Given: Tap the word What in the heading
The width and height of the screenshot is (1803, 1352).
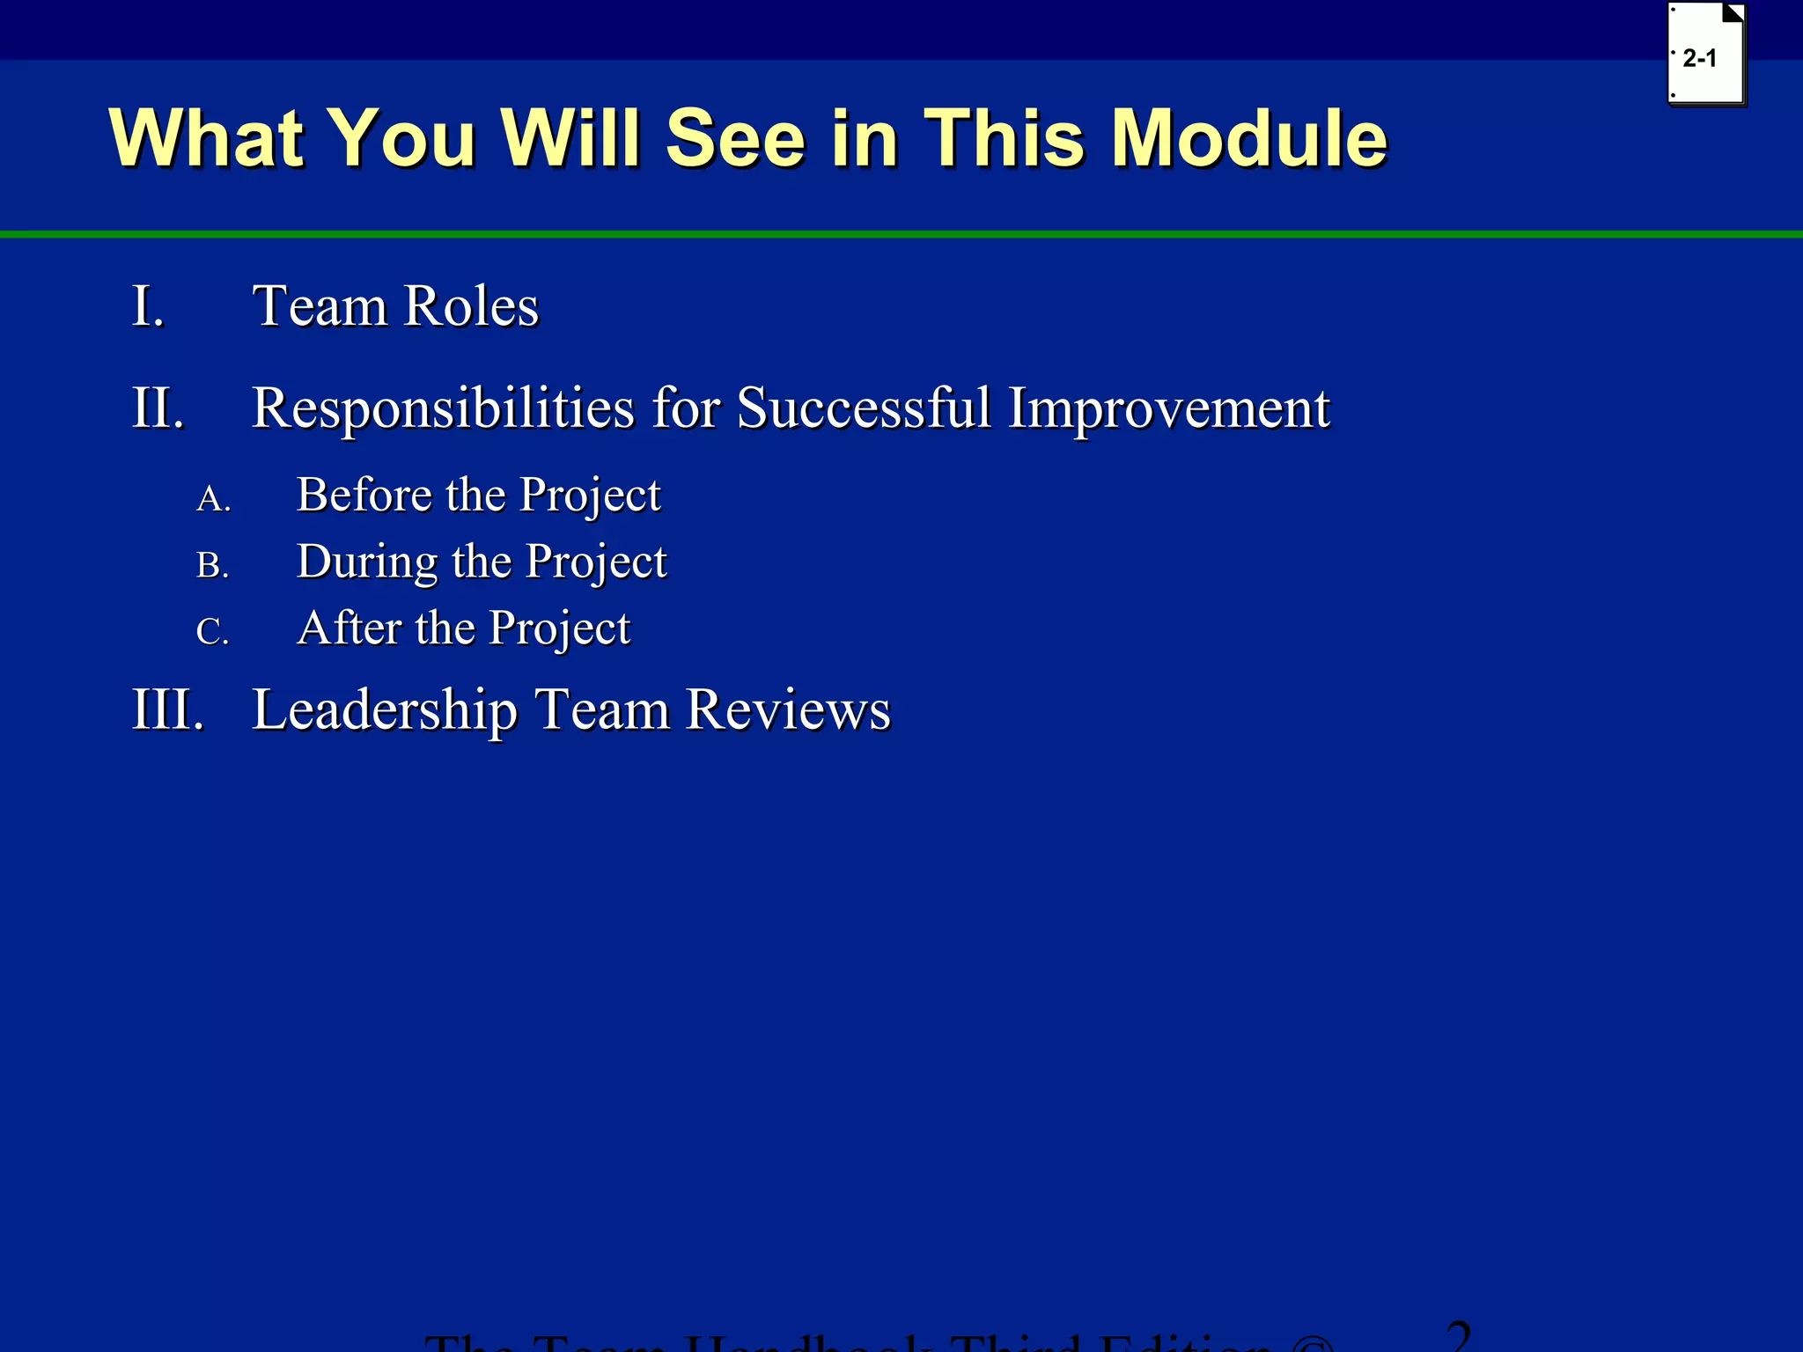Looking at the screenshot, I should coord(206,138).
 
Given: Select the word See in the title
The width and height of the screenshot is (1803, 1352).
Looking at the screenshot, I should coord(735,138).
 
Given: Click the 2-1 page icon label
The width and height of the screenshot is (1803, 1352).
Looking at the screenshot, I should coord(1699,59).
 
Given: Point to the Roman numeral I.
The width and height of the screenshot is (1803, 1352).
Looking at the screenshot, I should coord(148,307).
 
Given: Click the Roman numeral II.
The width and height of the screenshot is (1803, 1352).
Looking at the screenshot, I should coord(158,408).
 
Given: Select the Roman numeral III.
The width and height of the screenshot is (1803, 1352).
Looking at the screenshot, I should coord(168,709).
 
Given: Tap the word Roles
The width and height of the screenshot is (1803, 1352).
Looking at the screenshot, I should coord(472,307).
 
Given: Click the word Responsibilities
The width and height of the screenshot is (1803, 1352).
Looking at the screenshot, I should coord(443,408).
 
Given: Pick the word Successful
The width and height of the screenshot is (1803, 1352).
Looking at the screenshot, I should coord(864,408).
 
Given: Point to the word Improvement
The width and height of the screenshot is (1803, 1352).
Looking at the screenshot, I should coord(1168,408).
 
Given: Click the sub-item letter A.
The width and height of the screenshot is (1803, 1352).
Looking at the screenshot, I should coord(213,499).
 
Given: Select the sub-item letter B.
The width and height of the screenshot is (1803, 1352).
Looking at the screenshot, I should coord(212,566).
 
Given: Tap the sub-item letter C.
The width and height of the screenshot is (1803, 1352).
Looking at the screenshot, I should coord(212,632).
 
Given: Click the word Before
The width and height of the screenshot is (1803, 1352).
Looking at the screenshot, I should coord(364,495).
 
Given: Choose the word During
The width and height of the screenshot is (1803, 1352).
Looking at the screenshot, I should coord(366,562).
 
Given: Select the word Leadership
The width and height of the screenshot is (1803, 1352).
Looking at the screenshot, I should coord(385,709).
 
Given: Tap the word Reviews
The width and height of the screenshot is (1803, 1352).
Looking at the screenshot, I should coord(788,709).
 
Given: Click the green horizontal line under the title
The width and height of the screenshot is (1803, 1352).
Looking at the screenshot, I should coord(901,234).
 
